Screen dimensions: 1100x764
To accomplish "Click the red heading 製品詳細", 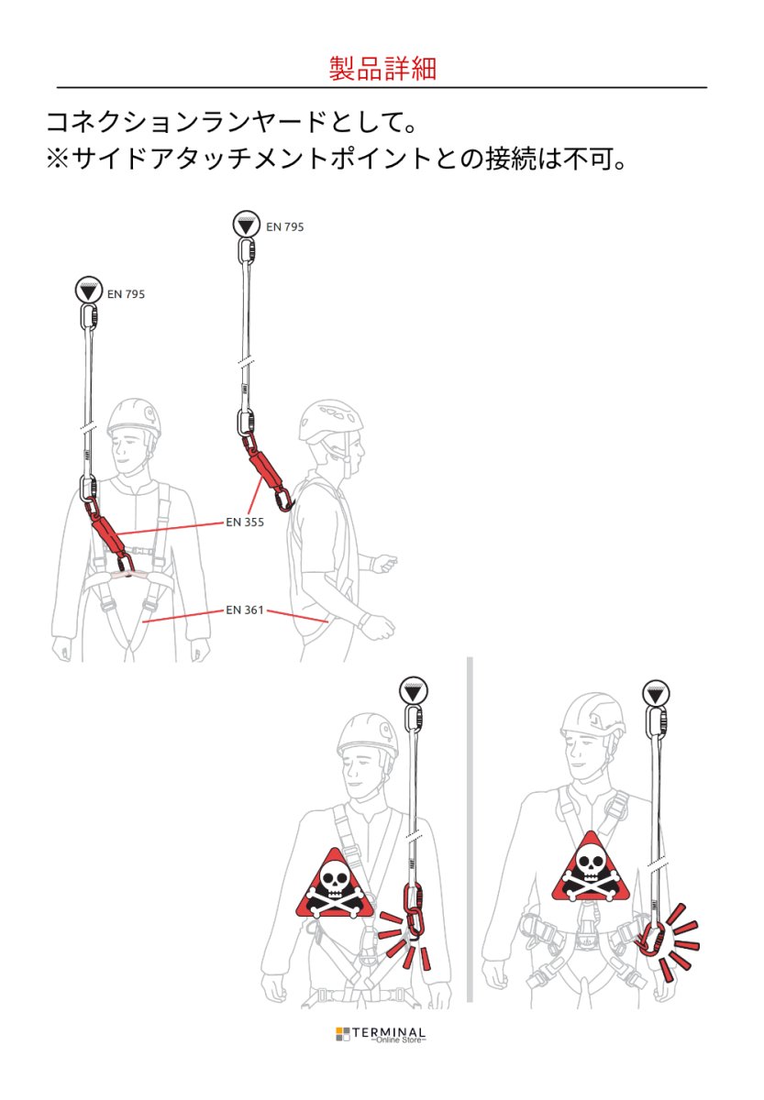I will coord(382,69).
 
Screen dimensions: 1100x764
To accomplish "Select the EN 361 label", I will coord(245,609).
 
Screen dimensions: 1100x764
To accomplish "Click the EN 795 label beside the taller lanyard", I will coord(284,226).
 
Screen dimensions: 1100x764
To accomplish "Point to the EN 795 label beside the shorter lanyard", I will coord(126,294).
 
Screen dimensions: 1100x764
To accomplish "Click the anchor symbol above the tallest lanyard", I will coord(245,223).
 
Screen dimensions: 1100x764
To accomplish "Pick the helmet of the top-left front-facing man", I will coord(134,418).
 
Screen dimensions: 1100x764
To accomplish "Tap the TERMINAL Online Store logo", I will coord(381,1035).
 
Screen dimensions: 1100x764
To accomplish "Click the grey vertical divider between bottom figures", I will coord(470,830).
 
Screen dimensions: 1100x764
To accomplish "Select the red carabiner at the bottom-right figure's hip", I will coord(653,939).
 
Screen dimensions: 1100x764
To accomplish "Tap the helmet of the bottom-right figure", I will coord(593,715).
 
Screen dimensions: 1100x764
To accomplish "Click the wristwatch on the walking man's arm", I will coord(365,621).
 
